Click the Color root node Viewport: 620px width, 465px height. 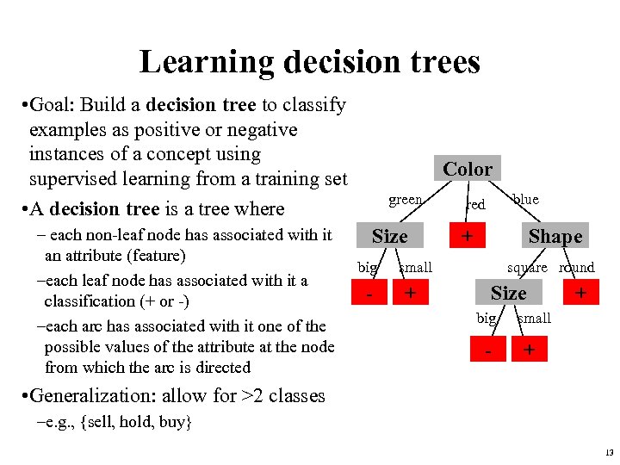tap(468, 169)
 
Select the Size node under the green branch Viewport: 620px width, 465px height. tap(389, 236)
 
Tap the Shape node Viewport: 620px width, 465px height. tap(555, 236)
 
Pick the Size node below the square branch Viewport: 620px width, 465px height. tap(508, 294)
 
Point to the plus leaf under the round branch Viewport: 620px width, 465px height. tap(580, 294)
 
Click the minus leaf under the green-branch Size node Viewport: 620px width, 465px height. tap(369, 294)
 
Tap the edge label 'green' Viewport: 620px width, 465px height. tap(406, 200)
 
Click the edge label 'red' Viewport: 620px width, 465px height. tap(475, 204)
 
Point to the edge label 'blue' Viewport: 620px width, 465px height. tap(524, 200)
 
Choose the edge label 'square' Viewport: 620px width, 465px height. tap(527, 268)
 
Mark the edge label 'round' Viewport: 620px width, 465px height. tap(576, 268)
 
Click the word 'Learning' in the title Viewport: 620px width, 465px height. tap(203, 62)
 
